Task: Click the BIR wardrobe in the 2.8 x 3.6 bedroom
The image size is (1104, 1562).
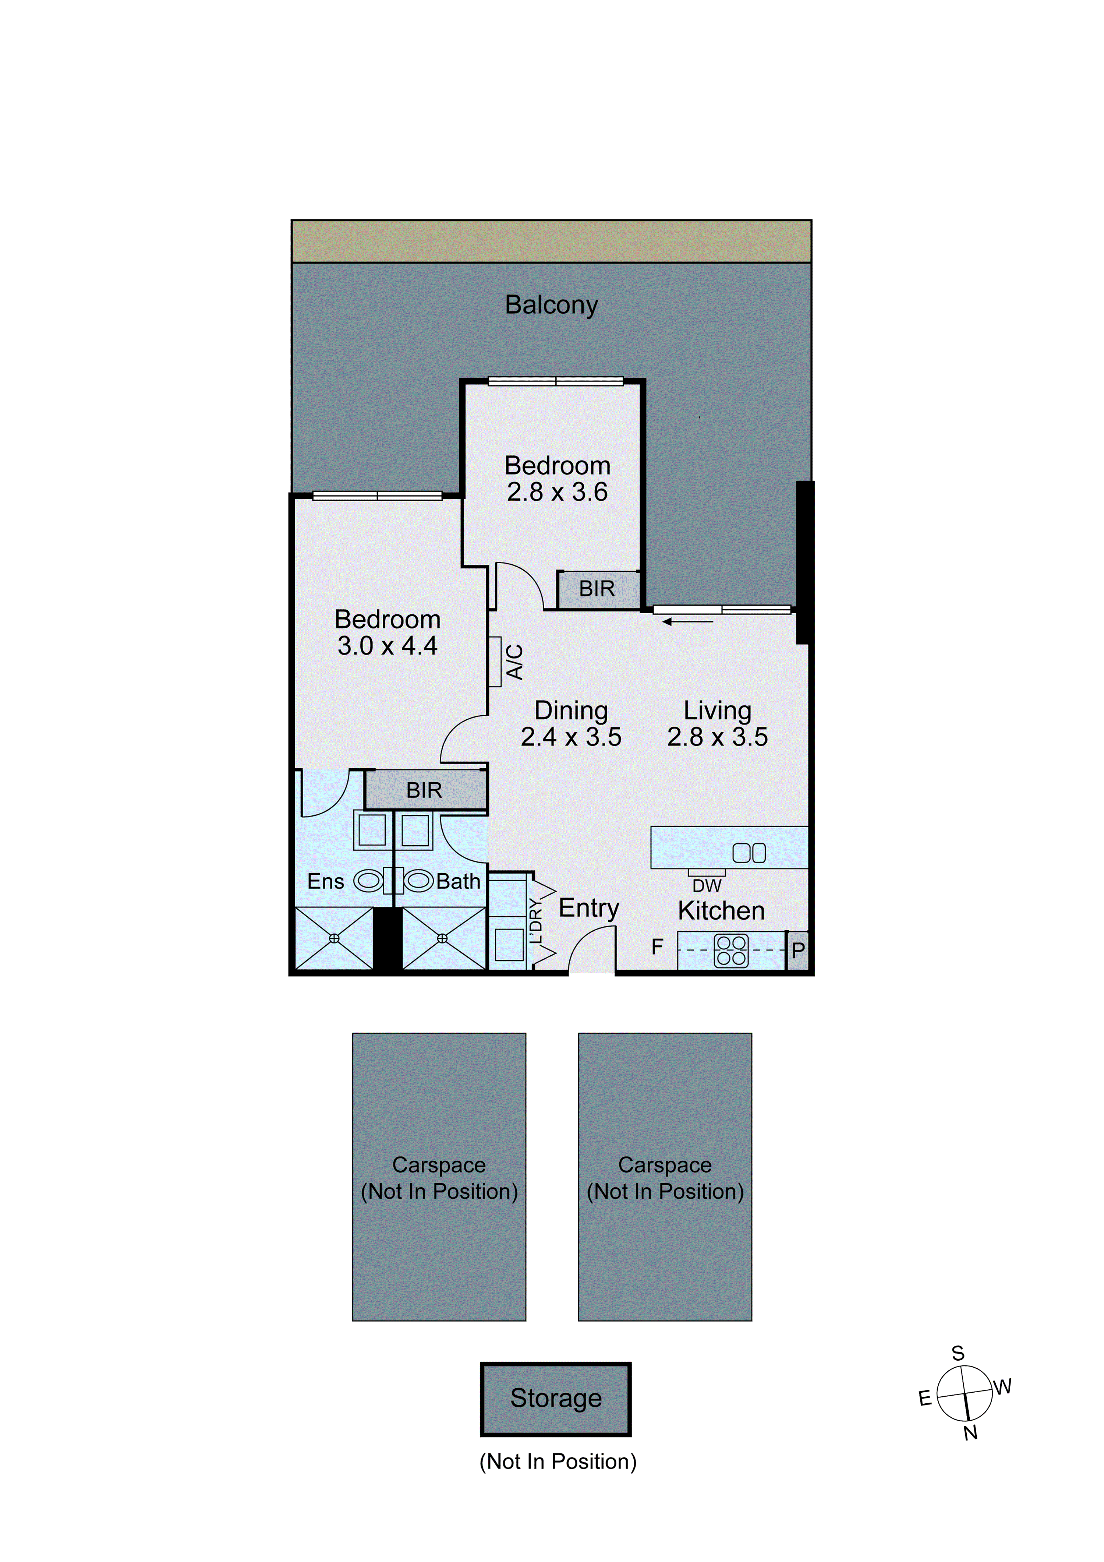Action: click(597, 589)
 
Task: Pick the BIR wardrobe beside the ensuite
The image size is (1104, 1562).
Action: click(424, 790)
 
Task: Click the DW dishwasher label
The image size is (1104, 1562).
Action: click(707, 886)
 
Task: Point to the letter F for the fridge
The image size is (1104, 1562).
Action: click(657, 946)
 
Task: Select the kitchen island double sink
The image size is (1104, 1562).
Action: click(749, 853)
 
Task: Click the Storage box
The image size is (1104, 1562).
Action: click(556, 1398)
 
